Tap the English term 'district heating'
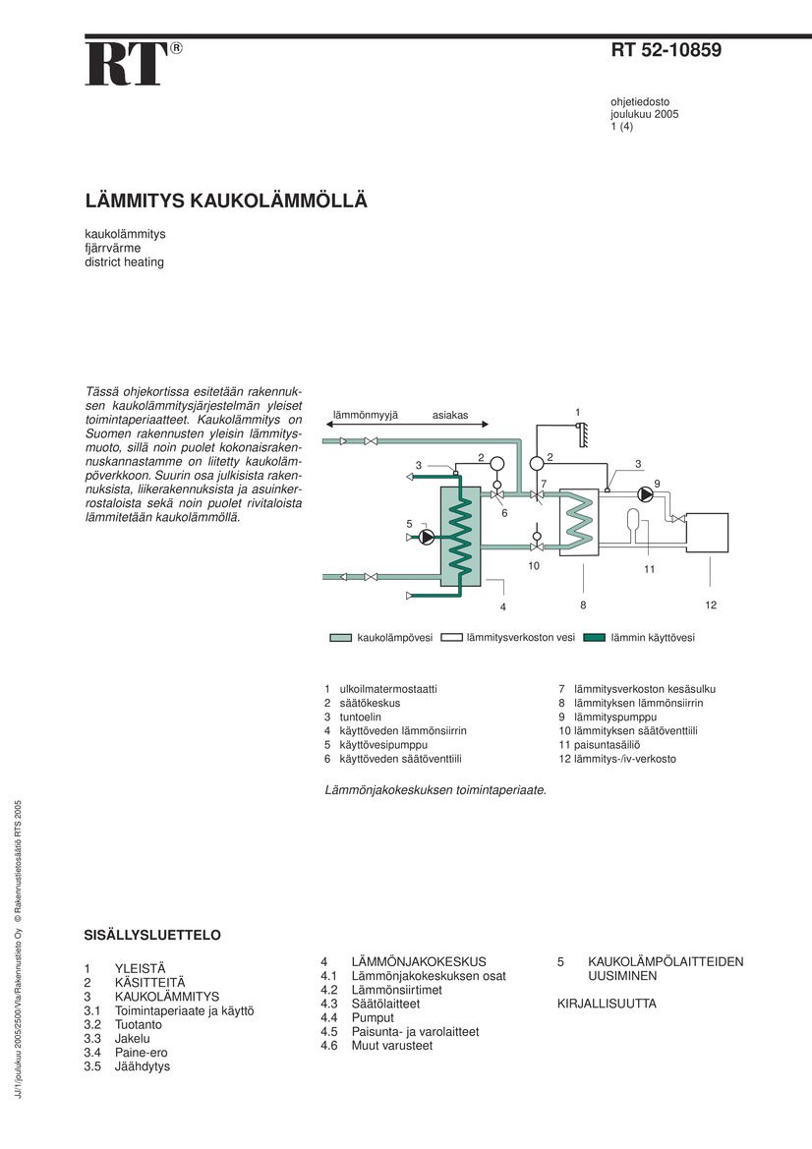tap(124, 262)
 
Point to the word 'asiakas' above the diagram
tap(450, 416)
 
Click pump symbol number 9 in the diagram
tap(645, 493)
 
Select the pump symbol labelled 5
tap(427, 537)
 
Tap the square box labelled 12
tap(708, 533)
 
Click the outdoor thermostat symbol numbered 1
tap(582, 429)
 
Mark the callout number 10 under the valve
tap(534, 566)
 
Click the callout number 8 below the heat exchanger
tap(583, 604)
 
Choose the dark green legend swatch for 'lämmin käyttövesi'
tap(594, 638)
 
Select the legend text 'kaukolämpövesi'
tap(394, 638)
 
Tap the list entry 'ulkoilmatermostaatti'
tap(387, 690)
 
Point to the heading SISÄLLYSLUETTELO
tap(152, 935)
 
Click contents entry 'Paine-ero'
tap(142, 1053)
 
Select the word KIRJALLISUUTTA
tap(607, 1005)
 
